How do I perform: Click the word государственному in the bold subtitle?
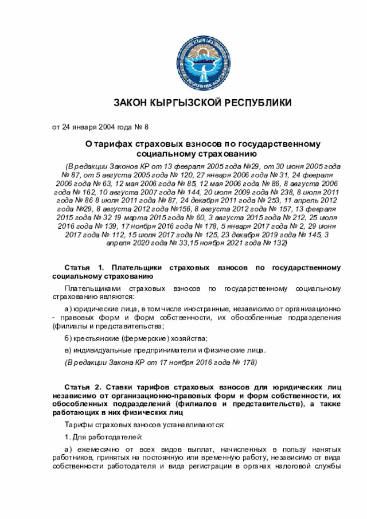pyautogui.click(x=282, y=144)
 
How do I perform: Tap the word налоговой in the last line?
pyautogui.click(x=301, y=465)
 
